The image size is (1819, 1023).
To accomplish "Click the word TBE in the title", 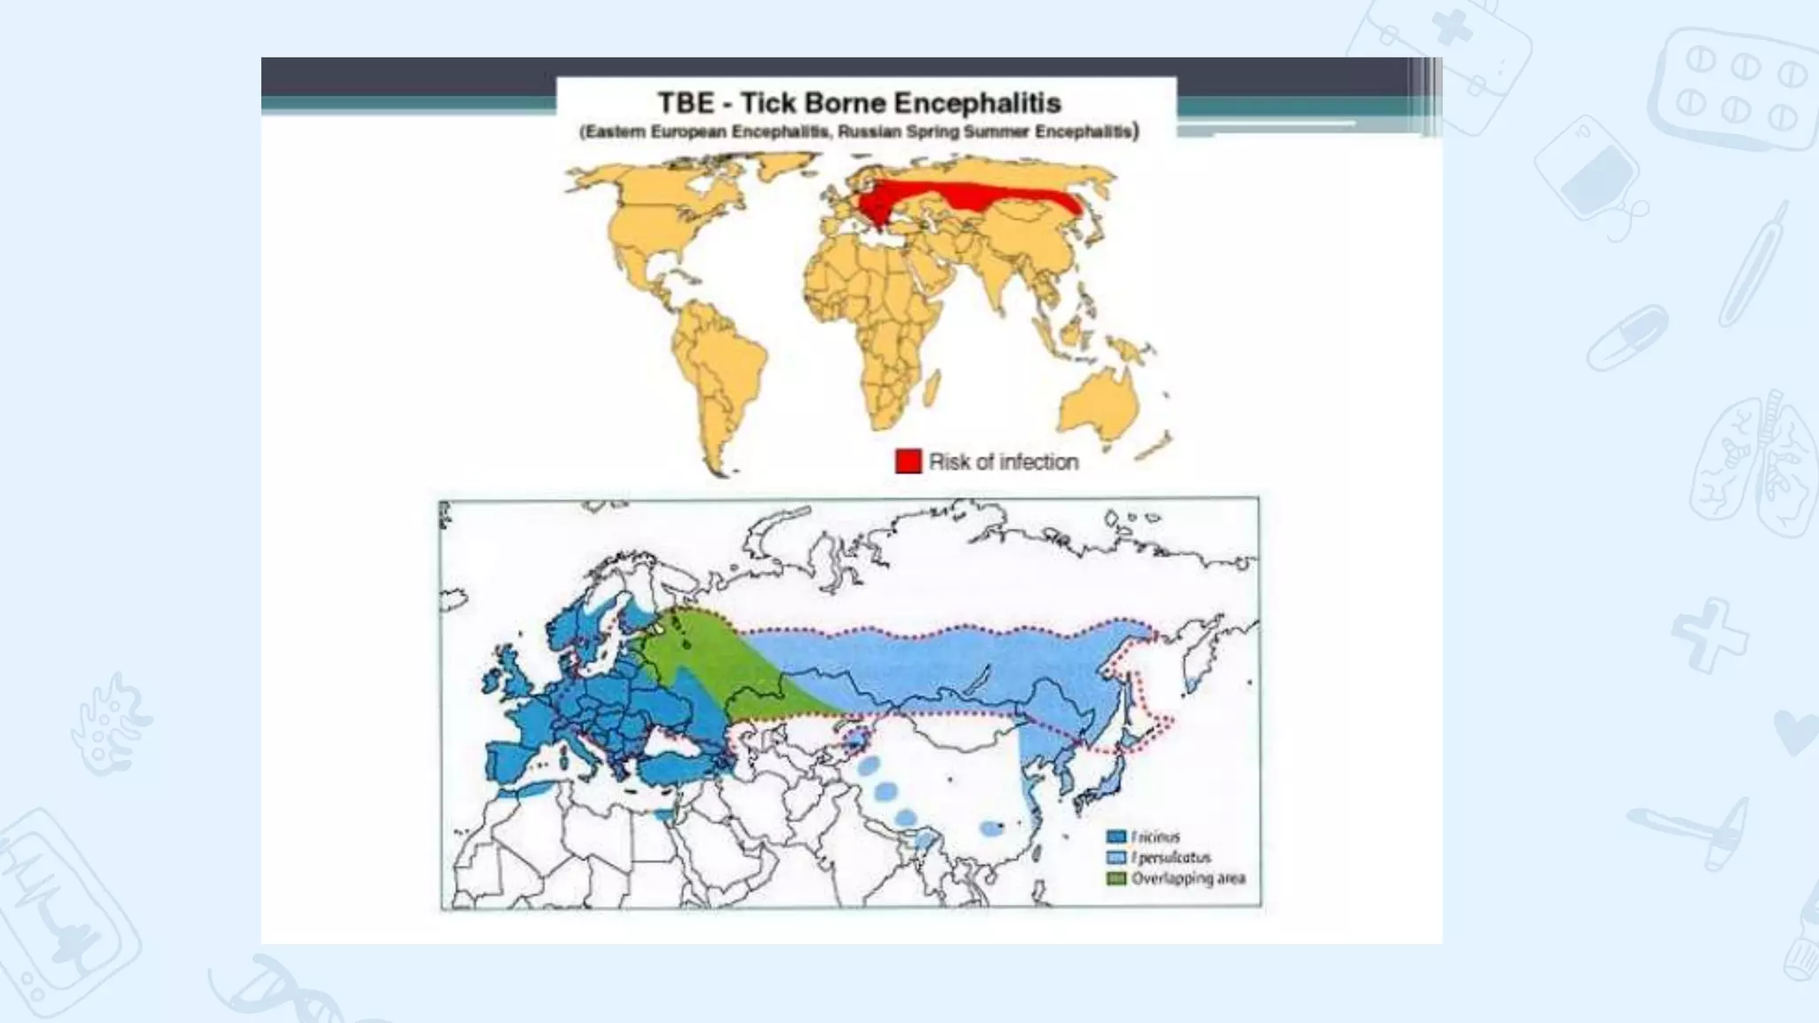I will point(686,103).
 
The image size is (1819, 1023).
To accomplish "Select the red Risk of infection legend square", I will point(908,462).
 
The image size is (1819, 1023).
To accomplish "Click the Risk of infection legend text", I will point(1004,462).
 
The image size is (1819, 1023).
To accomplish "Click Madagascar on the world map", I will point(931,388).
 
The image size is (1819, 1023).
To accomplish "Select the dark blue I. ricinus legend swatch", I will point(1116,837).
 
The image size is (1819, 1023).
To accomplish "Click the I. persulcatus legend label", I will point(1172,858).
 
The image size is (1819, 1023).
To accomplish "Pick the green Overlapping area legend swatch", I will point(1116,878).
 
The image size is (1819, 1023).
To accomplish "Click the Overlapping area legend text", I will point(1188,878).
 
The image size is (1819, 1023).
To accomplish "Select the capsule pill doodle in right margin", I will point(1627,337).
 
